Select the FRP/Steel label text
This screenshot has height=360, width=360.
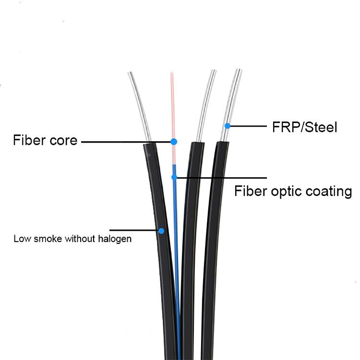(305, 127)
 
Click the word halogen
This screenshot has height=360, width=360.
(115, 239)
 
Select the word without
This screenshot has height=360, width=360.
(80, 239)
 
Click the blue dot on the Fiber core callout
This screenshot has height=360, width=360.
(174, 142)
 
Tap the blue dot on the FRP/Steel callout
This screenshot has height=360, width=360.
(228, 126)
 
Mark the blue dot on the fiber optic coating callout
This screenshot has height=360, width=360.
(175, 177)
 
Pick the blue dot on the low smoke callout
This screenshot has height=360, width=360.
(161, 231)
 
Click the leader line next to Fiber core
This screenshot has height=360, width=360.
(126, 142)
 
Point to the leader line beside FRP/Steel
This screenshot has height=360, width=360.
(249, 126)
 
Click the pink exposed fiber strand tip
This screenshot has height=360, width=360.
(171, 73)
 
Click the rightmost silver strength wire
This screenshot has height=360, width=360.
(231, 105)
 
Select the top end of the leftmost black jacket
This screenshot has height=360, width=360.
(149, 144)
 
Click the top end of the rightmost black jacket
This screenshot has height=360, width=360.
(223, 143)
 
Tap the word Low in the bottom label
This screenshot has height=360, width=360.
(22, 239)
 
